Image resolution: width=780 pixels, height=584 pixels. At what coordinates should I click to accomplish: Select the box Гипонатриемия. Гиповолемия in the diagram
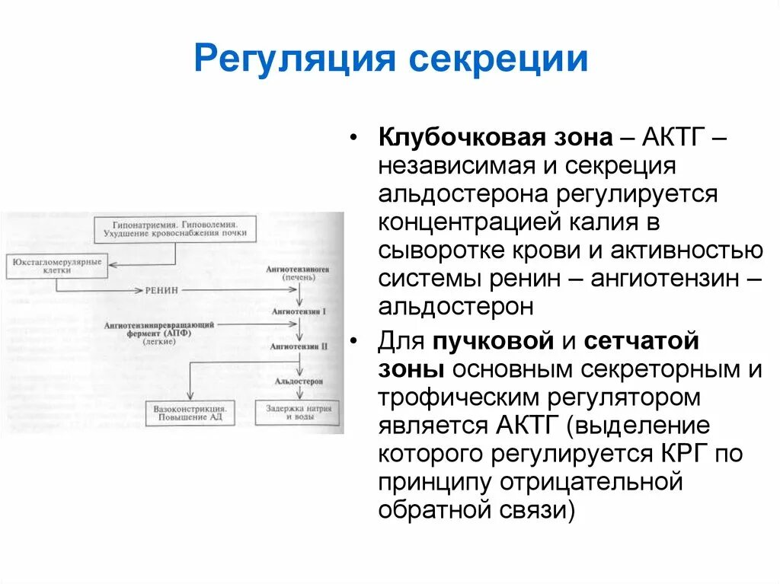point(174,229)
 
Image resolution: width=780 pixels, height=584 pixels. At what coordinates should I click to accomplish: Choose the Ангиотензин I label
point(302,311)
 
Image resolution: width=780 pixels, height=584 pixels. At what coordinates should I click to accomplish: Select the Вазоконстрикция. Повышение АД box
point(189,412)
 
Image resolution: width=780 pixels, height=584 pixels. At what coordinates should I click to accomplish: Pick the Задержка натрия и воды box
point(299,412)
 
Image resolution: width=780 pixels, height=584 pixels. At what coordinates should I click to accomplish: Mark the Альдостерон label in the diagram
point(302,379)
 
